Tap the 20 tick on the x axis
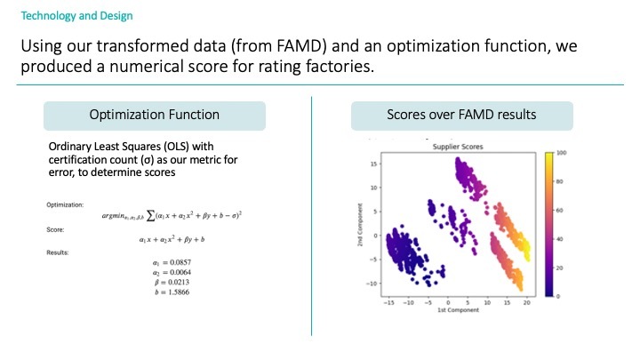(525, 303)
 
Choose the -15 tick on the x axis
(388, 303)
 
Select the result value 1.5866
(172, 292)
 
